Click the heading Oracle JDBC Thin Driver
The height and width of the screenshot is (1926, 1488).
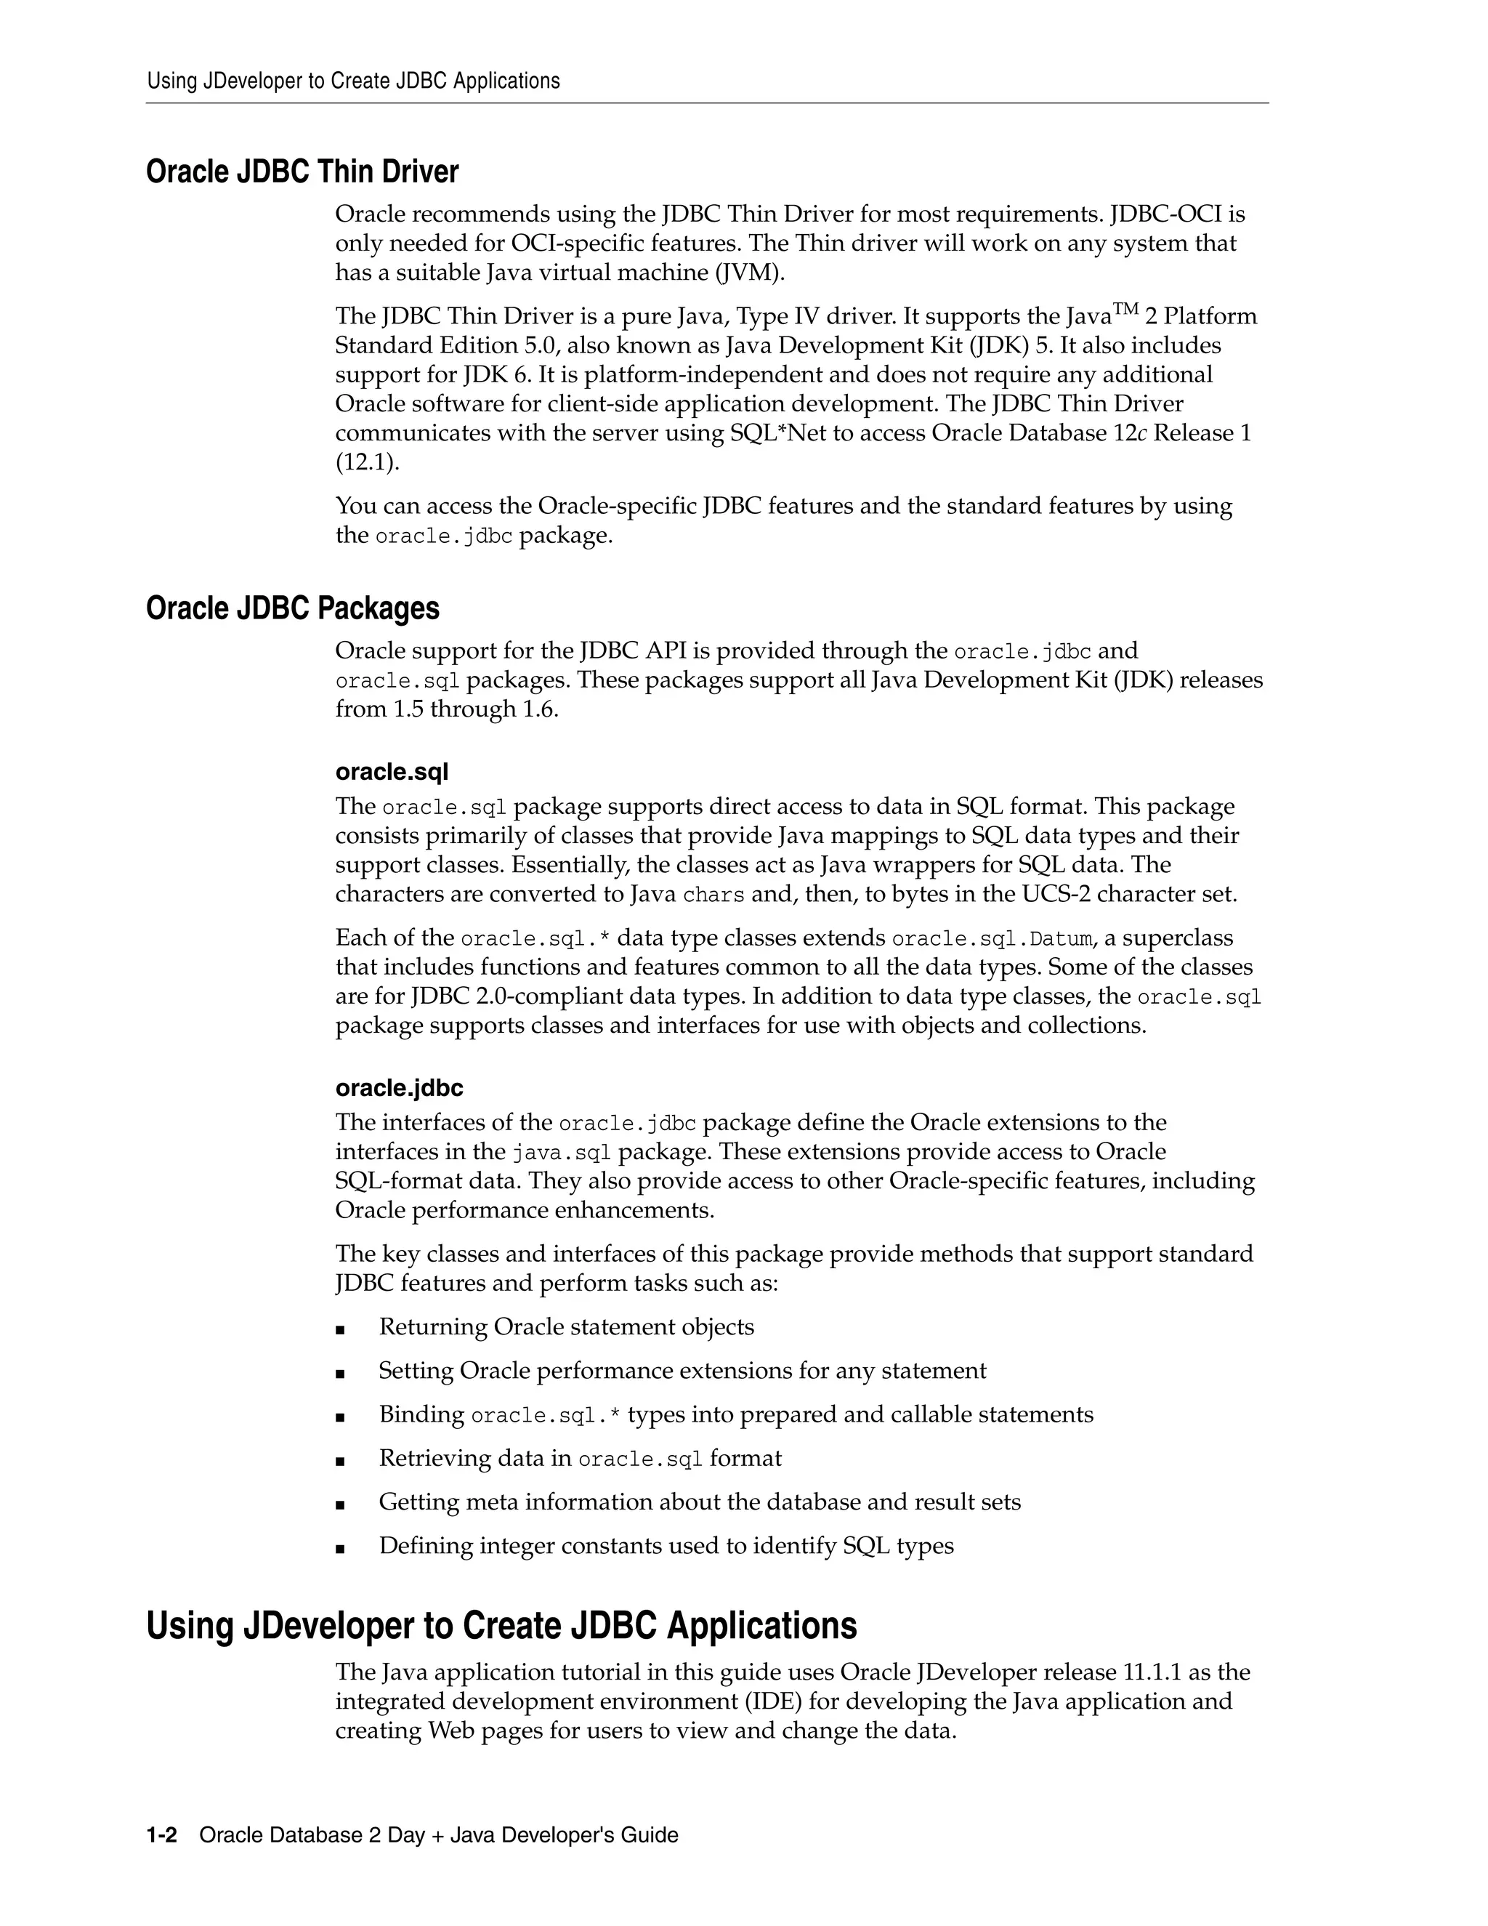click(302, 172)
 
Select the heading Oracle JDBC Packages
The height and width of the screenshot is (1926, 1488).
click(292, 608)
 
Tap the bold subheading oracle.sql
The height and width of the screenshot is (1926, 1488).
click(392, 772)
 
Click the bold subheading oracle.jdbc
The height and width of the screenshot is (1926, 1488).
click(398, 1087)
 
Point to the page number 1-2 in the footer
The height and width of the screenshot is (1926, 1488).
click(161, 1835)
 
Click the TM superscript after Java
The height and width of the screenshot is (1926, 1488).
click(1125, 309)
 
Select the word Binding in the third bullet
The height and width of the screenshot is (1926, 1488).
click(421, 1414)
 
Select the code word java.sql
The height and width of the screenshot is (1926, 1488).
click(562, 1153)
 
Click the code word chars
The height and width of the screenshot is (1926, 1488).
click(713, 895)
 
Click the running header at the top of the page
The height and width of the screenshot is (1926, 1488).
click(352, 81)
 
